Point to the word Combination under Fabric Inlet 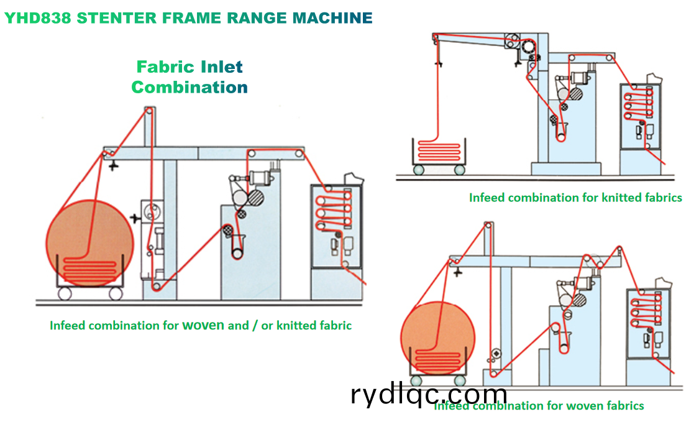click(x=190, y=87)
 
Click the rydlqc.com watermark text click(x=429, y=394)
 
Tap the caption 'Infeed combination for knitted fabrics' click(x=575, y=198)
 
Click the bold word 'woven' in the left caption click(x=203, y=325)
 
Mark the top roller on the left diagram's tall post click(x=148, y=111)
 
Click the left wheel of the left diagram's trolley click(x=65, y=293)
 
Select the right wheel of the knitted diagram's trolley click(x=460, y=169)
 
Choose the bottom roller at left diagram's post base click(x=157, y=286)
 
